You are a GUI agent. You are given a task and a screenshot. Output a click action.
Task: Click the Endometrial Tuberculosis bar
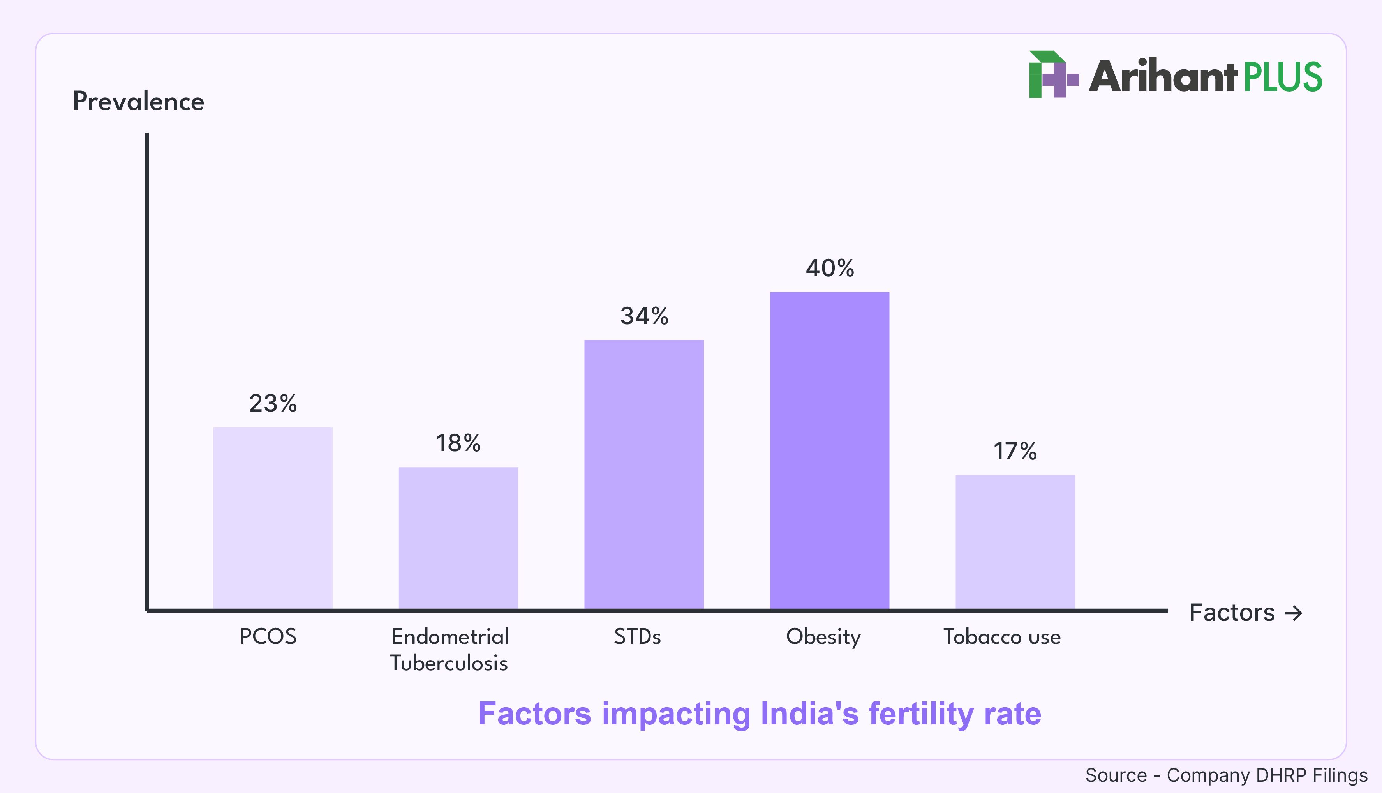pyautogui.click(x=458, y=538)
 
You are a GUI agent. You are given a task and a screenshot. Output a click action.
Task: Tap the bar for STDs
pyautogui.click(x=644, y=474)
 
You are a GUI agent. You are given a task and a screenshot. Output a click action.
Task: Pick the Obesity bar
pyautogui.click(x=830, y=450)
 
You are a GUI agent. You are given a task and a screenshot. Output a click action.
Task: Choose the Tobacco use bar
pyautogui.click(x=1015, y=542)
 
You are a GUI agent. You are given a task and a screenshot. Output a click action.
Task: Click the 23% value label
pyautogui.click(x=273, y=404)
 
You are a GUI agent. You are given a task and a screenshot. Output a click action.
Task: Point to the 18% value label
pyautogui.click(x=458, y=443)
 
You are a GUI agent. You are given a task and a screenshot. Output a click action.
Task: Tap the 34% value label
pyautogui.click(x=644, y=316)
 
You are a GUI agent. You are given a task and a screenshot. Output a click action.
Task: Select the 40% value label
pyautogui.click(x=830, y=268)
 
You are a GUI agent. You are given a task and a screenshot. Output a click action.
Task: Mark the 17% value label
pyautogui.click(x=1015, y=452)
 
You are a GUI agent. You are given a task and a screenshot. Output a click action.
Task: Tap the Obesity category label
pyautogui.click(x=823, y=637)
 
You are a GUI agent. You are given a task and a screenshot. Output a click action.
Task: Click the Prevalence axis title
pyautogui.click(x=138, y=101)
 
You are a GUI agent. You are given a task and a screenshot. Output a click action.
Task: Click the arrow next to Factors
pyautogui.click(x=1293, y=613)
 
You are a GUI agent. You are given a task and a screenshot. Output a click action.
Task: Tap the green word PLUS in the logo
pyautogui.click(x=1282, y=77)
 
